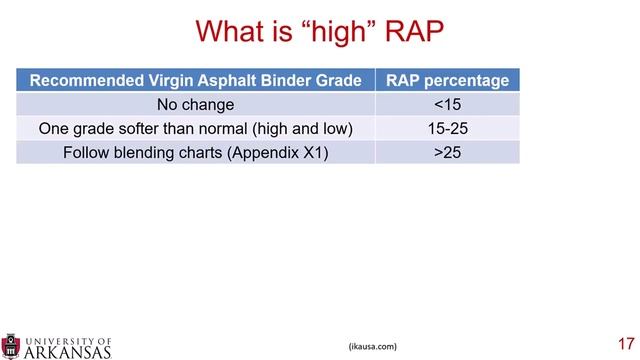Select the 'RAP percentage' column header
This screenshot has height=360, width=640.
coord(447,81)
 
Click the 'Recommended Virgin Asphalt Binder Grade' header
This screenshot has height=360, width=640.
coord(196,81)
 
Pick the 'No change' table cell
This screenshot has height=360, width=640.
coord(196,105)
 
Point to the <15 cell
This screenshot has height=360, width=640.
coord(447,105)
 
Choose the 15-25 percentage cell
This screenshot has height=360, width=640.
coord(447,129)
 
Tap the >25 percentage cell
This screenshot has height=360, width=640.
coord(447,153)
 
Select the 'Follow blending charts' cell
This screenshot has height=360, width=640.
coord(196,153)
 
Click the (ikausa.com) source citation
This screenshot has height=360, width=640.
coord(372,346)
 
